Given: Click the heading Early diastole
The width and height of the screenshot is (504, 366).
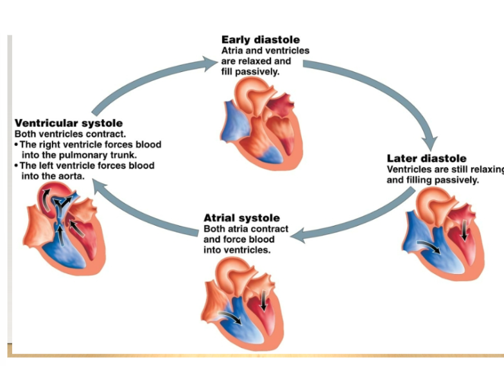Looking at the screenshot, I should tap(260, 40).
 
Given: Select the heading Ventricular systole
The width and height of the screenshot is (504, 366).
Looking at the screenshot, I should tap(69, 123).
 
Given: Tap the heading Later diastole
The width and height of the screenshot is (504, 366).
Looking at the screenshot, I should tap(426, 158).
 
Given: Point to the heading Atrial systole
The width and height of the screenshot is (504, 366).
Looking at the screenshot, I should tap(241, 218).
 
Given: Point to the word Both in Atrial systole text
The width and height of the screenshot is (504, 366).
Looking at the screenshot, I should tap(214, 229).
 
